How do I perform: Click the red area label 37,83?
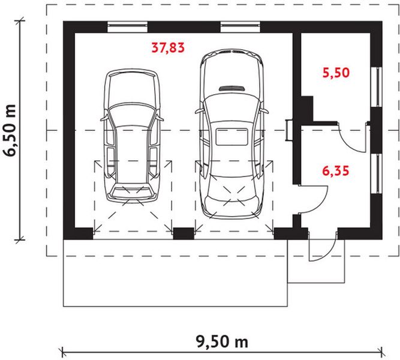(168, 48)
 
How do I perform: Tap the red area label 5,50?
(335, 74)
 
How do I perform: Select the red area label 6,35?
(335, 171)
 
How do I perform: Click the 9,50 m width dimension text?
(222, 342)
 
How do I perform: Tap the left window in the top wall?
(128, 27)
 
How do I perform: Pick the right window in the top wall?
(240, 27)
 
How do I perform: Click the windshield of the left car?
(133, 118)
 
